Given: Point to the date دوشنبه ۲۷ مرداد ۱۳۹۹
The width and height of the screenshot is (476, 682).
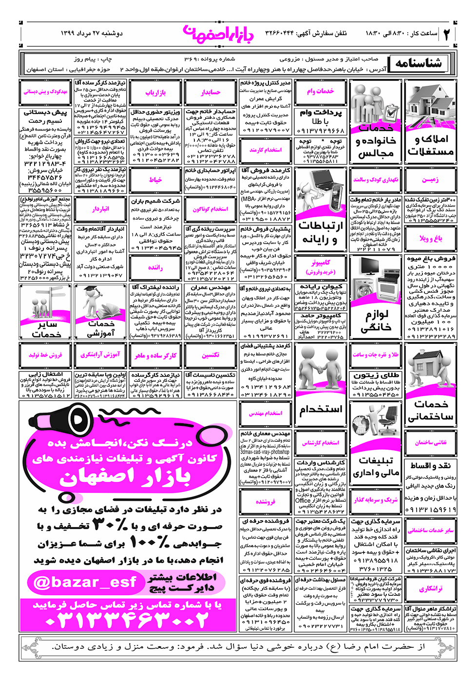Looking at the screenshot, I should point(92,33).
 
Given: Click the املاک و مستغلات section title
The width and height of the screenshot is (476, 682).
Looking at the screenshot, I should point(431,145).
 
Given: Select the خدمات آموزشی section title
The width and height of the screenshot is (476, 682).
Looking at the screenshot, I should point(101,328).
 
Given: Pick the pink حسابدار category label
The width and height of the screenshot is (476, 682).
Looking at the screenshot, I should point(210,93).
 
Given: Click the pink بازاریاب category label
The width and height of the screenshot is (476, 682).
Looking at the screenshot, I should point(155,93).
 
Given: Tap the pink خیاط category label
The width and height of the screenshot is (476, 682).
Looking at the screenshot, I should point(155,180).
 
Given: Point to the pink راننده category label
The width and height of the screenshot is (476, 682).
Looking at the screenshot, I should point(155,267).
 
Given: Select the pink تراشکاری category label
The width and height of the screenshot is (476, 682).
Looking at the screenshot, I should point(431,589).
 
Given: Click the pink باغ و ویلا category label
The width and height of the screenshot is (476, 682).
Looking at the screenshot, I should point(431,238).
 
